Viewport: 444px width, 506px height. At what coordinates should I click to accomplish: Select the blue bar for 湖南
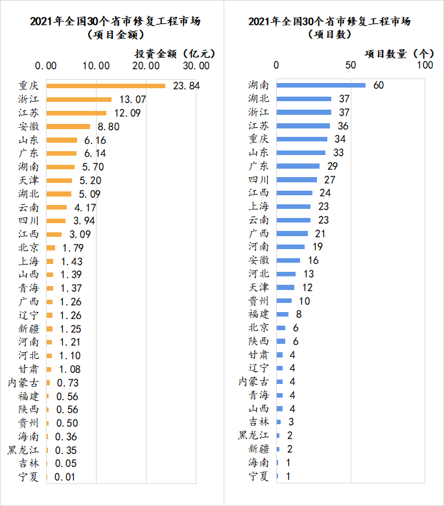point(321,85)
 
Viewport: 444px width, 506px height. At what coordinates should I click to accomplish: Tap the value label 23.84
point(186,86)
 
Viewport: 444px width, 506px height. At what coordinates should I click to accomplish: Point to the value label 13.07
point(133,99)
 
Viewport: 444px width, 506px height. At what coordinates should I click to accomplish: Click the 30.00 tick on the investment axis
point(196,65)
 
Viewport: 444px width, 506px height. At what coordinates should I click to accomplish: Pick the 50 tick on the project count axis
point(351,65)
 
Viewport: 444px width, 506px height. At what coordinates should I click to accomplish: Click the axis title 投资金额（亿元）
point(174,53)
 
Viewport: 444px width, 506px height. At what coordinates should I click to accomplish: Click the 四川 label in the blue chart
point(259,180)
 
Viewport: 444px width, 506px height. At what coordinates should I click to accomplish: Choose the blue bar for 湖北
point(304,99)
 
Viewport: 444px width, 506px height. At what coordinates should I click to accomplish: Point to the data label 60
point(379,85)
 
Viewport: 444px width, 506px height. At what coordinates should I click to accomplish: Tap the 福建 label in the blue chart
point(259,314)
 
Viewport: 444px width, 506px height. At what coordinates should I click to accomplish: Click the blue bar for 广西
point(292,234)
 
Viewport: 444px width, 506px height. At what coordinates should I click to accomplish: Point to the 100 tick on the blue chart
point(425,65)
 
